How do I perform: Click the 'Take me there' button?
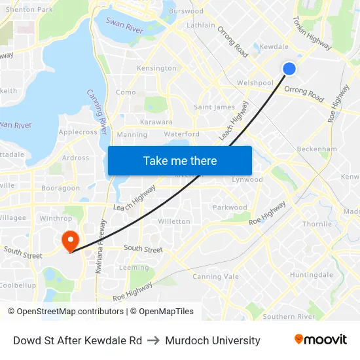(180, 160)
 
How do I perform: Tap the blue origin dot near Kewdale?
(289, 69)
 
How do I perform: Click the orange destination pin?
(69, 240)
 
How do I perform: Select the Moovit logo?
(321, 340)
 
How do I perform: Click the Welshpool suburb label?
(255, 83)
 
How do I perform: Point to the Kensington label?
(156, 68)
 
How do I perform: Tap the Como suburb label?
(126, 92)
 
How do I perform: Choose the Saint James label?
(214, 107)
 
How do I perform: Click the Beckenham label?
(317, 149)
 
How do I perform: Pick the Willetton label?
(174, 221)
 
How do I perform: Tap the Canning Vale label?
(215, 276)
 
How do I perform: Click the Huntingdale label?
(312, 275)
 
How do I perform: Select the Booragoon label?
(60, 188)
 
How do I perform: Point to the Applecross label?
(78, 132)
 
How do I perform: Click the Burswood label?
(186, 11)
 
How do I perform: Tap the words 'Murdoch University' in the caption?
(213, 340)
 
